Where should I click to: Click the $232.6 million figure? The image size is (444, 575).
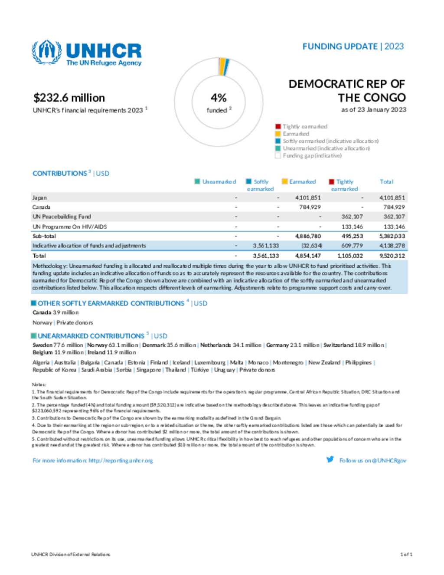[x=69, y=98]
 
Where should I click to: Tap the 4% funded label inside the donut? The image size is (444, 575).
[x=219, y=102]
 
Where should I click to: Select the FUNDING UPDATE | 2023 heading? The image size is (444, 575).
[x=353, y=46]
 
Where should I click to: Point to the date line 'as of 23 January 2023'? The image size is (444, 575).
[x=373, y=110]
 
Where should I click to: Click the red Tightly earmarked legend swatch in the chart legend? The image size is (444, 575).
[x=278, y=127]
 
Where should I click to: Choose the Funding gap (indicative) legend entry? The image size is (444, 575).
[x=312, y=156]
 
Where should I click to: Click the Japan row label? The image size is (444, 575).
[x=40, y=198]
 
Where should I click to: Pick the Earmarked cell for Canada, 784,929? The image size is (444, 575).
[x=310, y=207]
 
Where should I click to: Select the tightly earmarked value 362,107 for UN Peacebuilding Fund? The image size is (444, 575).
[x=352, y=217]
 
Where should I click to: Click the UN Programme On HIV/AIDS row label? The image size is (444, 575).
[x=69, y=227]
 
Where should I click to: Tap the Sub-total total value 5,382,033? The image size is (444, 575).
[x=392, y=237]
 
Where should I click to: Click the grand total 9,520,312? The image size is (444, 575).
[x=392, y=256]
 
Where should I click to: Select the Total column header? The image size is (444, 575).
[x=386, y=182]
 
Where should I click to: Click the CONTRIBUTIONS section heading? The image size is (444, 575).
[x=60, y=174]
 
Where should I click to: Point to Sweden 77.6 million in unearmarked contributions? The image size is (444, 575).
[x=58, y=345]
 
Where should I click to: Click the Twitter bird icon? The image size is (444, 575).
[x=330, y=460]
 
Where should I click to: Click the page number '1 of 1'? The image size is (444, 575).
[x=406, y=555]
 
